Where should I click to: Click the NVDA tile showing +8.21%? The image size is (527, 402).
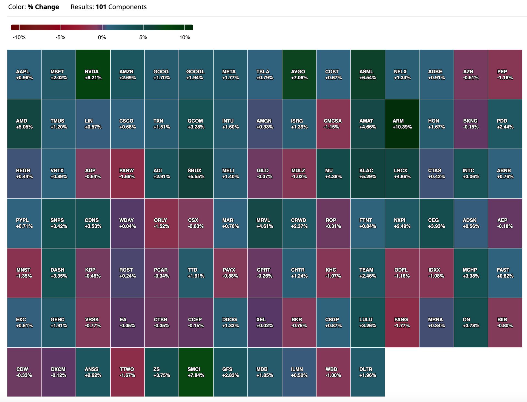coord(93,74)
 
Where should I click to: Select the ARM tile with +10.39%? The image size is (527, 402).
coord(402,124)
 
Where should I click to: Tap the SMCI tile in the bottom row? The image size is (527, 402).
coord(196,372)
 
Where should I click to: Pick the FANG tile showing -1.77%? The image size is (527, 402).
coord(402,323)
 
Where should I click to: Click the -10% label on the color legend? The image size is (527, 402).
coord(19,37)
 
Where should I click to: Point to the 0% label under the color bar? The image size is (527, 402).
coord(102,37)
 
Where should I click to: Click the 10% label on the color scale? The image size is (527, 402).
coord(185,37)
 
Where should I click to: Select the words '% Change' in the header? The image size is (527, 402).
coord(43,7)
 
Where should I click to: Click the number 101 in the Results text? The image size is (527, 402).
coord(101,7)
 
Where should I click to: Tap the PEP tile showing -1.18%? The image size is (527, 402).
coord(505,74)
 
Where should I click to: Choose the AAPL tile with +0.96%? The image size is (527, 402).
coord(24,74)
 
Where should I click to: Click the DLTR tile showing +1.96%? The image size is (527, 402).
coord(368,372)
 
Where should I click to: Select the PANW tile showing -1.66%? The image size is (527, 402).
coord(127,174)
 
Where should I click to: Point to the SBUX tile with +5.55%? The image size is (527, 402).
coord(196,174)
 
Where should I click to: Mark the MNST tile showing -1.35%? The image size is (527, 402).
coord(24,273)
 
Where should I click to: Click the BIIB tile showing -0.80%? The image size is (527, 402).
coord(505,323)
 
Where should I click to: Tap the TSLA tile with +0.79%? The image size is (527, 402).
coord(265,74)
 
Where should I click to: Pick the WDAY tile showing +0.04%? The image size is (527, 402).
coord(127,223)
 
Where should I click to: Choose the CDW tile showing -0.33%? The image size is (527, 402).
coord(24,372)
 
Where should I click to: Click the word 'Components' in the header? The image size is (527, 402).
coord(128,7)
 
